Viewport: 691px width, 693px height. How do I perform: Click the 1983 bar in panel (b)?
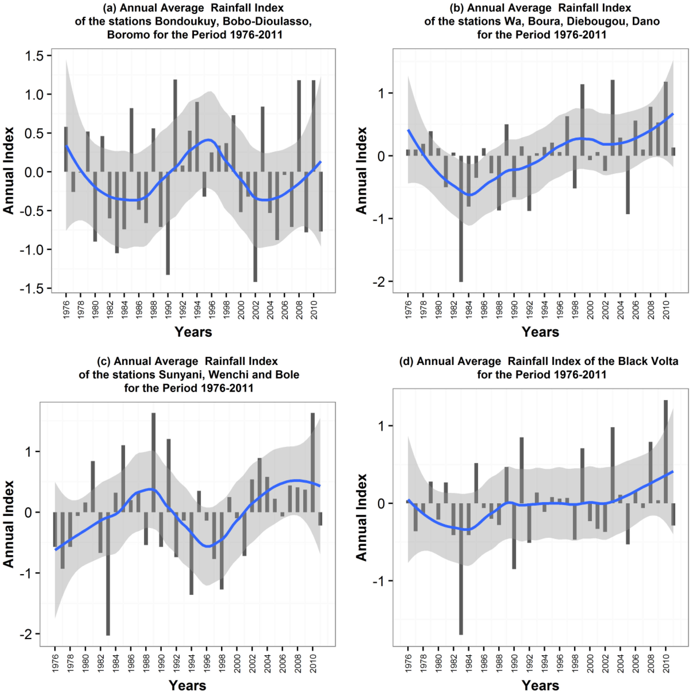click(461, 219)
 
